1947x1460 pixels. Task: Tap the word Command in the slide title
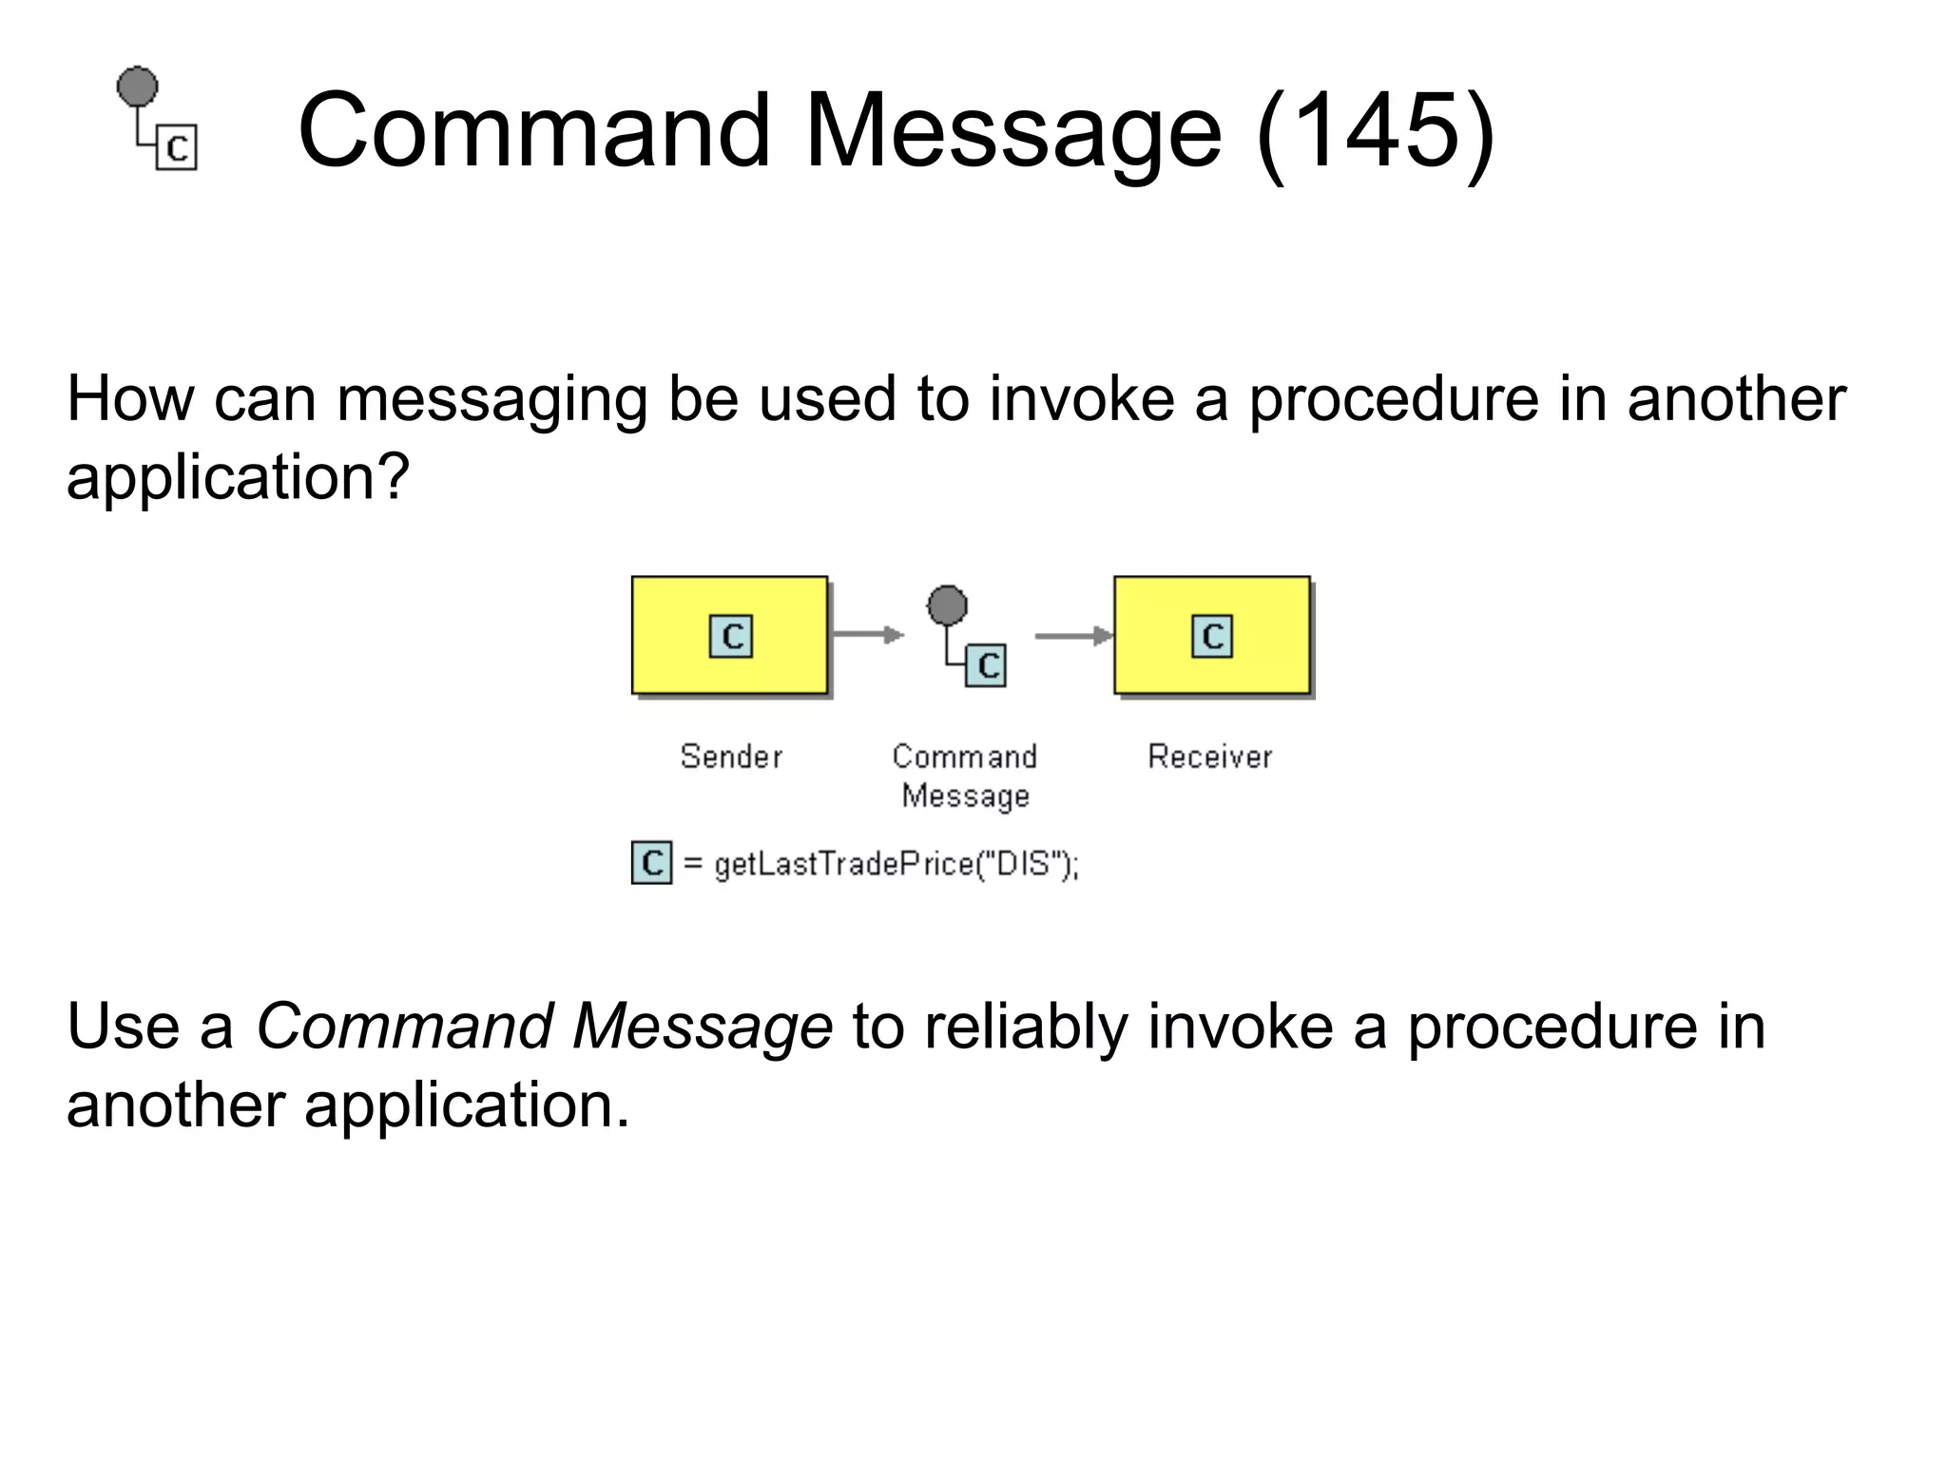533,130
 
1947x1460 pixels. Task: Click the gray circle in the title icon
138,86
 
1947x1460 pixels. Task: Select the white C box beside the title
177,147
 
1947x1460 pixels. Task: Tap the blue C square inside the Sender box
731,636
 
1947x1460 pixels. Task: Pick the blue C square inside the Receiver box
1212,636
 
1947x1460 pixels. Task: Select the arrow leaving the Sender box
866,634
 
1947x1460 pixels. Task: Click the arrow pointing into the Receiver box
1072,635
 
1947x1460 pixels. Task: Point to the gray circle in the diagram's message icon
947,605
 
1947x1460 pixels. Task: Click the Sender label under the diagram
731,757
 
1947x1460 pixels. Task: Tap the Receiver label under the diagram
1209,757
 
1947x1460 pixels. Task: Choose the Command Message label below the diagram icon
965,776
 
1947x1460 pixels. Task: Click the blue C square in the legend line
651,862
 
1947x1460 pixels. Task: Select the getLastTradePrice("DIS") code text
896,864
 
